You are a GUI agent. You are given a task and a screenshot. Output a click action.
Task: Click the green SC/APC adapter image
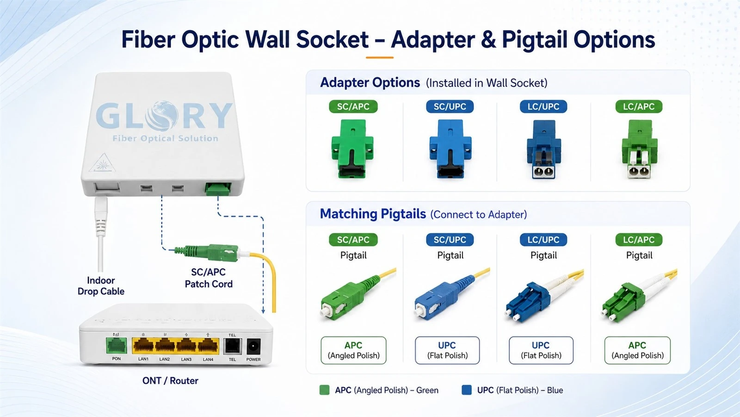coord(352,149)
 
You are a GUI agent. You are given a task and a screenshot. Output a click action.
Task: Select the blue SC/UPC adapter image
coord(450,149)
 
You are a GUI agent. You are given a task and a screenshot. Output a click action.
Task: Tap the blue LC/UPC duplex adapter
coord(543,149)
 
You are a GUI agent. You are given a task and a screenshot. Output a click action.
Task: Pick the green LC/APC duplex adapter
coord(639,149)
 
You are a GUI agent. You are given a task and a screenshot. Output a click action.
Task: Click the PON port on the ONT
coord(116,346)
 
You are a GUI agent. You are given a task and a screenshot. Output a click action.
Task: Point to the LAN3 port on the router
coord(186,346)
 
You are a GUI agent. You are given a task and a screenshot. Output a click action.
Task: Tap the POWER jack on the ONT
coord(253,346)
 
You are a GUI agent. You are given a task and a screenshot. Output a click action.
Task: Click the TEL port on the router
coord(232,346)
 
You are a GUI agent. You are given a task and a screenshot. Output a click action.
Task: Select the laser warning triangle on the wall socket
coord(102,163)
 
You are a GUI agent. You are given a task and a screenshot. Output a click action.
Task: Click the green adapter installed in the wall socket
coord(218,189)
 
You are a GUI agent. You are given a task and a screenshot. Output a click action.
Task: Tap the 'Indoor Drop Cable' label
coord(101,286)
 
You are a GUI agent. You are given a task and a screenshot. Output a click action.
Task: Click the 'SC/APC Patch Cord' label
coord(209,278)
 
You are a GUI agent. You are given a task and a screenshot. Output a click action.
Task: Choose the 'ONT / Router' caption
coord(170,380)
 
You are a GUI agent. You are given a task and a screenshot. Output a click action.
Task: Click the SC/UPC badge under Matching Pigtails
coord(450,240)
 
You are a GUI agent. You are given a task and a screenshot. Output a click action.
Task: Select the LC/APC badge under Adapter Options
coord(639,106)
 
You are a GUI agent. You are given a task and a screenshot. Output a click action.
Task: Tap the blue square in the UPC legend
coord(467,390)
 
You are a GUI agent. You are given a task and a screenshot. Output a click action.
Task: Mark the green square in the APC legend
coord(324,390)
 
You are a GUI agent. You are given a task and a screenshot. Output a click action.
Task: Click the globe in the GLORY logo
coord(162,115)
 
